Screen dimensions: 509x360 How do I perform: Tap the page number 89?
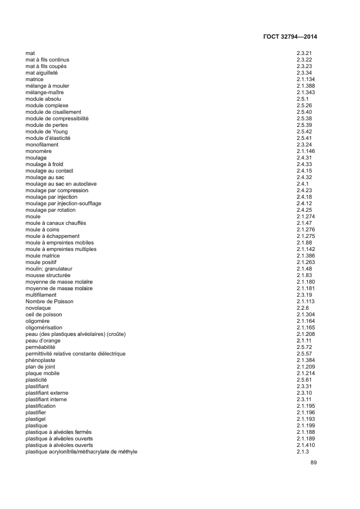coord(313,463)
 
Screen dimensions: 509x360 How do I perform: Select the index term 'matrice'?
coord(34,79)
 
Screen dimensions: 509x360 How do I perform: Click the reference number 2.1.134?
coord(306,79)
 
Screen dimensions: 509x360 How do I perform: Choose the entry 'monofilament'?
coord(41,145)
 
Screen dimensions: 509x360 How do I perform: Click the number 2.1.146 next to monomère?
coord(306,151)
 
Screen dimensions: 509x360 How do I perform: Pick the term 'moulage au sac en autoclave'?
coord(60,184)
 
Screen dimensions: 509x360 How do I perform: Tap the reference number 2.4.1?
coord(303,184)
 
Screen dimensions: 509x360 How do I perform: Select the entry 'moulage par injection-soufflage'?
coord(63,204)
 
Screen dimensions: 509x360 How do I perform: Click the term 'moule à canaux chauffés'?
coord(56,223)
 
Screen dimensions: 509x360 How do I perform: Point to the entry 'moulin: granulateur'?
coord(49,269)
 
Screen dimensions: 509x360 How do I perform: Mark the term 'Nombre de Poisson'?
coord(49,302)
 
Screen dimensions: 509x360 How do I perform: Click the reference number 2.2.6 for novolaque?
coord(303,308)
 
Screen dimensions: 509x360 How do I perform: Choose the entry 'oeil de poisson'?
coord(44,315)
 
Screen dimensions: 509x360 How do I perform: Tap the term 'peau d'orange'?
coord(43,341)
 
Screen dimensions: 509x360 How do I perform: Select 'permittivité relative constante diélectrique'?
coord(75,354)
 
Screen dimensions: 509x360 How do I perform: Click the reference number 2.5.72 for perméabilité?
coord(304,347)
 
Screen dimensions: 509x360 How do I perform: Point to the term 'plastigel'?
coord(36,419)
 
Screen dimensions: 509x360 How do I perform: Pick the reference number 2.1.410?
coord(306,445)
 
